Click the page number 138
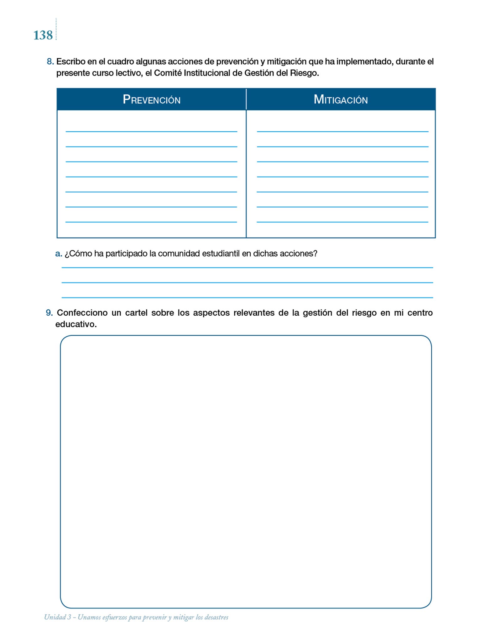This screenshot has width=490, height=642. [x=43, y=35]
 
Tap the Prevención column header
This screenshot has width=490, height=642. [x=152, y=100]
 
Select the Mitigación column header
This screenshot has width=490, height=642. [x=341, y=100]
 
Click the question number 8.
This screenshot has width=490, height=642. [x=50, y=61]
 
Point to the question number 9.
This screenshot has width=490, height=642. [x=49, y=313]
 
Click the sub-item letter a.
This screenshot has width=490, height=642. [x=58, y=254]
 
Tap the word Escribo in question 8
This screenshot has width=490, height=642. [x=71, y=61]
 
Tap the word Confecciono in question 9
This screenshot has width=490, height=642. [x=82, y=313]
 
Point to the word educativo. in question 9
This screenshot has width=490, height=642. [x=76, y=324]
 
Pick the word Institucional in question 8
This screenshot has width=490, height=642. [x=207, y=73]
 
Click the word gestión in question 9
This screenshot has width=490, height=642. [x=317, y=313]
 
